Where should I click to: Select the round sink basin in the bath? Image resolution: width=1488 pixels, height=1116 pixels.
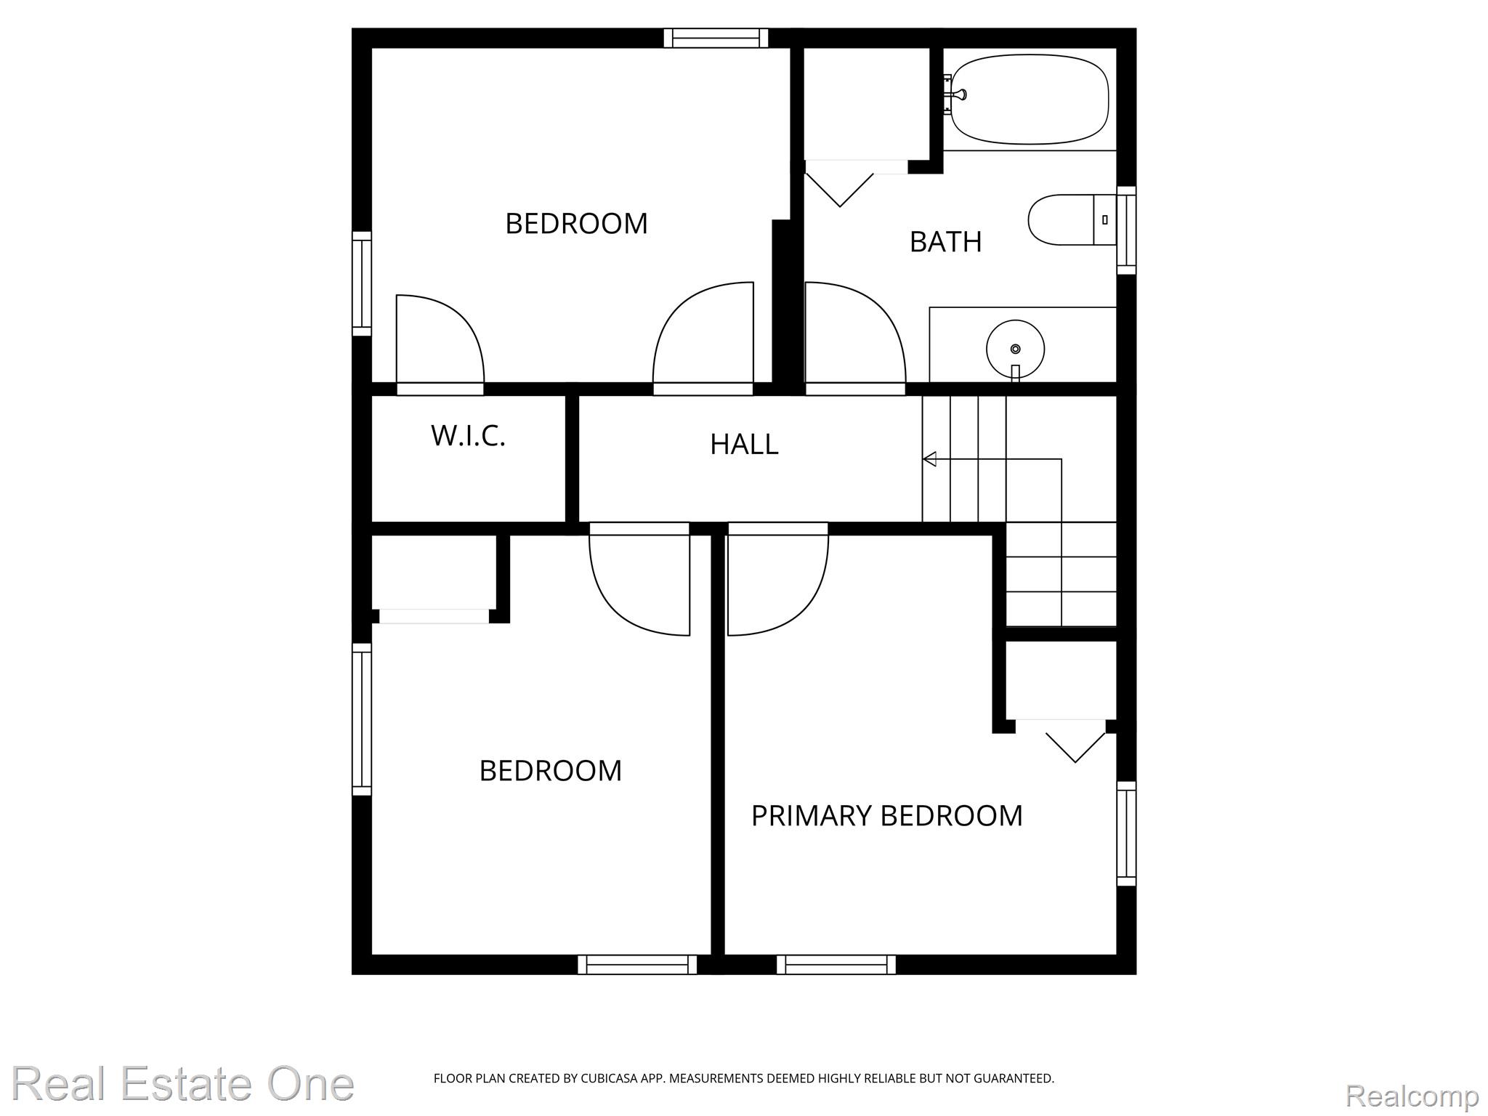coord(1015,349)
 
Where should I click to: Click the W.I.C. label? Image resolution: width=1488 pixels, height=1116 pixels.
coord(468,436)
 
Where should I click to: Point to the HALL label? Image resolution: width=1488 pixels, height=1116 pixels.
coord(744,444)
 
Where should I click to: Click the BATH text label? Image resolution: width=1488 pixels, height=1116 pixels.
coord(945,242)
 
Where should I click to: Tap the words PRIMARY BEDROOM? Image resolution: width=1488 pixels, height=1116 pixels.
coord(886,816)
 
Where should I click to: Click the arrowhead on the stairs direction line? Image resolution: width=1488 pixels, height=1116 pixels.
coord(929,459)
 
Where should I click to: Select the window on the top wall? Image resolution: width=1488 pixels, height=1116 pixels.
coord(716,38)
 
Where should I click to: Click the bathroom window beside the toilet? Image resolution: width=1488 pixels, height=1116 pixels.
coord(1126,230)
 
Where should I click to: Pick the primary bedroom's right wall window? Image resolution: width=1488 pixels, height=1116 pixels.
coord(1126,833)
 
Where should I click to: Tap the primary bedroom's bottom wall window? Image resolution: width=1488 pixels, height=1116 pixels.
coord(836,964)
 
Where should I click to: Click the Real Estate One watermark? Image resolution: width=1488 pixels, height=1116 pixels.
coord(183,1084)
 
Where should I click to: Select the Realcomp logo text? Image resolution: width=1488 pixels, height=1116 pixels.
coord(1412,1095)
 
